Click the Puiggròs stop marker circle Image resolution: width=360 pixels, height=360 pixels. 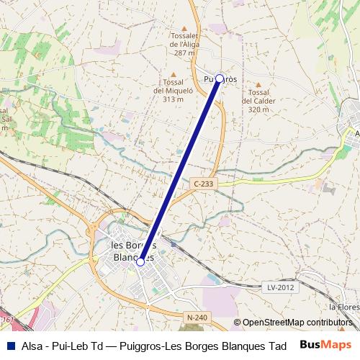[x=220, y=78]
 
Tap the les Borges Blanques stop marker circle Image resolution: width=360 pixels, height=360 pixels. [x=140, y=262]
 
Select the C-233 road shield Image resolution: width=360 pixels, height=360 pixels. [x=203, y=184]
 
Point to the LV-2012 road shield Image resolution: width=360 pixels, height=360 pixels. [x=281, y=287]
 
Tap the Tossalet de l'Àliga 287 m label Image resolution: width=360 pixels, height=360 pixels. [x=184, y=43]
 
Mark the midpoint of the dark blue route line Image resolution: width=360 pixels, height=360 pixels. [x=180, y=170]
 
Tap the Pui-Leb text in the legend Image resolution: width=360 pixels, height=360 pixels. [x=74, y=346]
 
